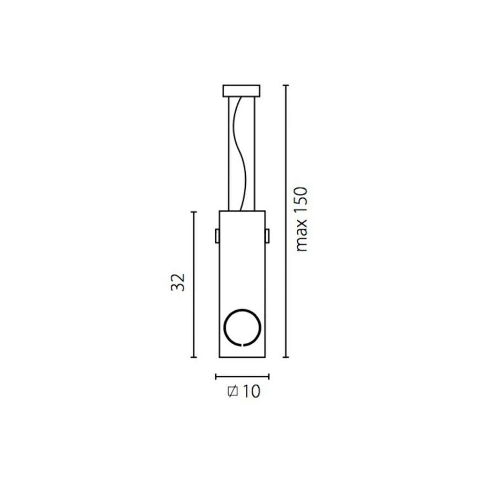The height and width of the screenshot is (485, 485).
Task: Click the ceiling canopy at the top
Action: coord(241,91)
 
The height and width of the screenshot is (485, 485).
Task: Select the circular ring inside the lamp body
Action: coord(225,327)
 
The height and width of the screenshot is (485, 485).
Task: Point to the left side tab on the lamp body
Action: coord(217,236)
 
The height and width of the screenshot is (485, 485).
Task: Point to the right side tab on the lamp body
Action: coord(267,236)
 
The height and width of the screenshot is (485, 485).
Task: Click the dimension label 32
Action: coord(178,282)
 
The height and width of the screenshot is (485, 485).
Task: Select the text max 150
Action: coord(301,219)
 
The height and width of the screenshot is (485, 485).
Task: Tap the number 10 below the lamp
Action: coord(251,391)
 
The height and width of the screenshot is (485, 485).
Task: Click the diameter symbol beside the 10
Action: coord(233,391)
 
